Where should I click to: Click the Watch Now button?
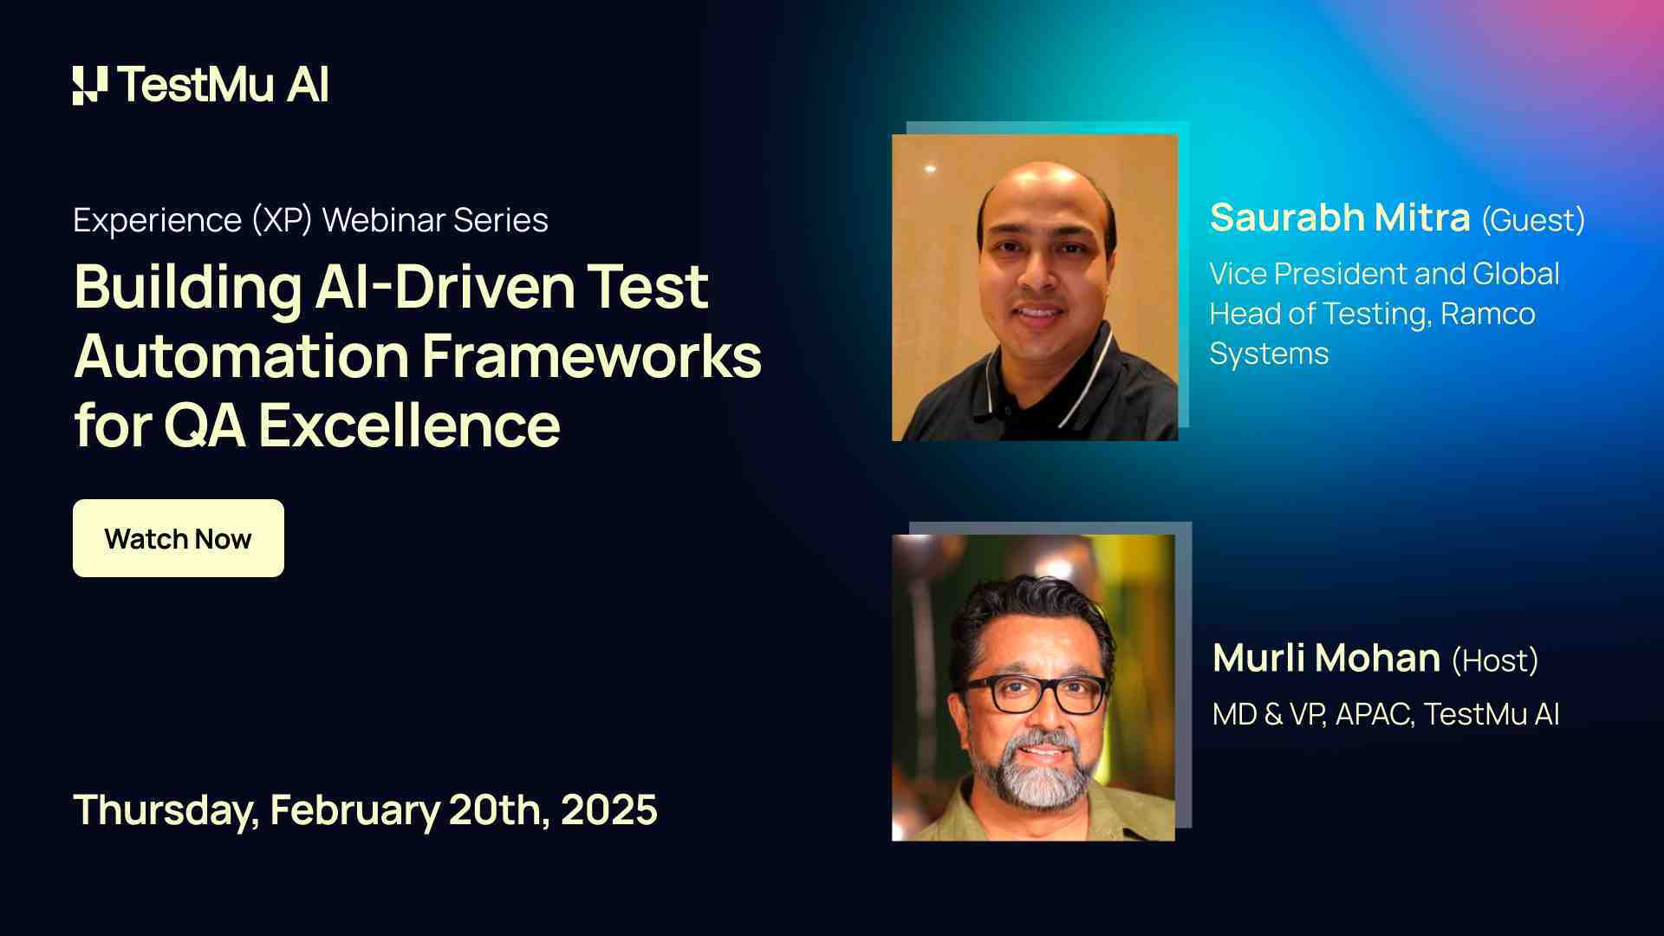[178, 538]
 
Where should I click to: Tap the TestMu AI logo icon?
[90, 85]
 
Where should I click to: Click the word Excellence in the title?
[408, 426]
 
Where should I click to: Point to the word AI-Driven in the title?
[444, 287]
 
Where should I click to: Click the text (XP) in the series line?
[282, 220]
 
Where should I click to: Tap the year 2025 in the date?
[608, 809]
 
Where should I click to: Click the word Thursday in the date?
[166, 809]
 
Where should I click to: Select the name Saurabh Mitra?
[1339, 218]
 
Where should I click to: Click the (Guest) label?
[1532, 220]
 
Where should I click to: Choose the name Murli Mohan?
[1326, 658]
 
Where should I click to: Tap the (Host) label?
[1495, 660]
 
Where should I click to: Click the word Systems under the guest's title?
[1269, 354]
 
